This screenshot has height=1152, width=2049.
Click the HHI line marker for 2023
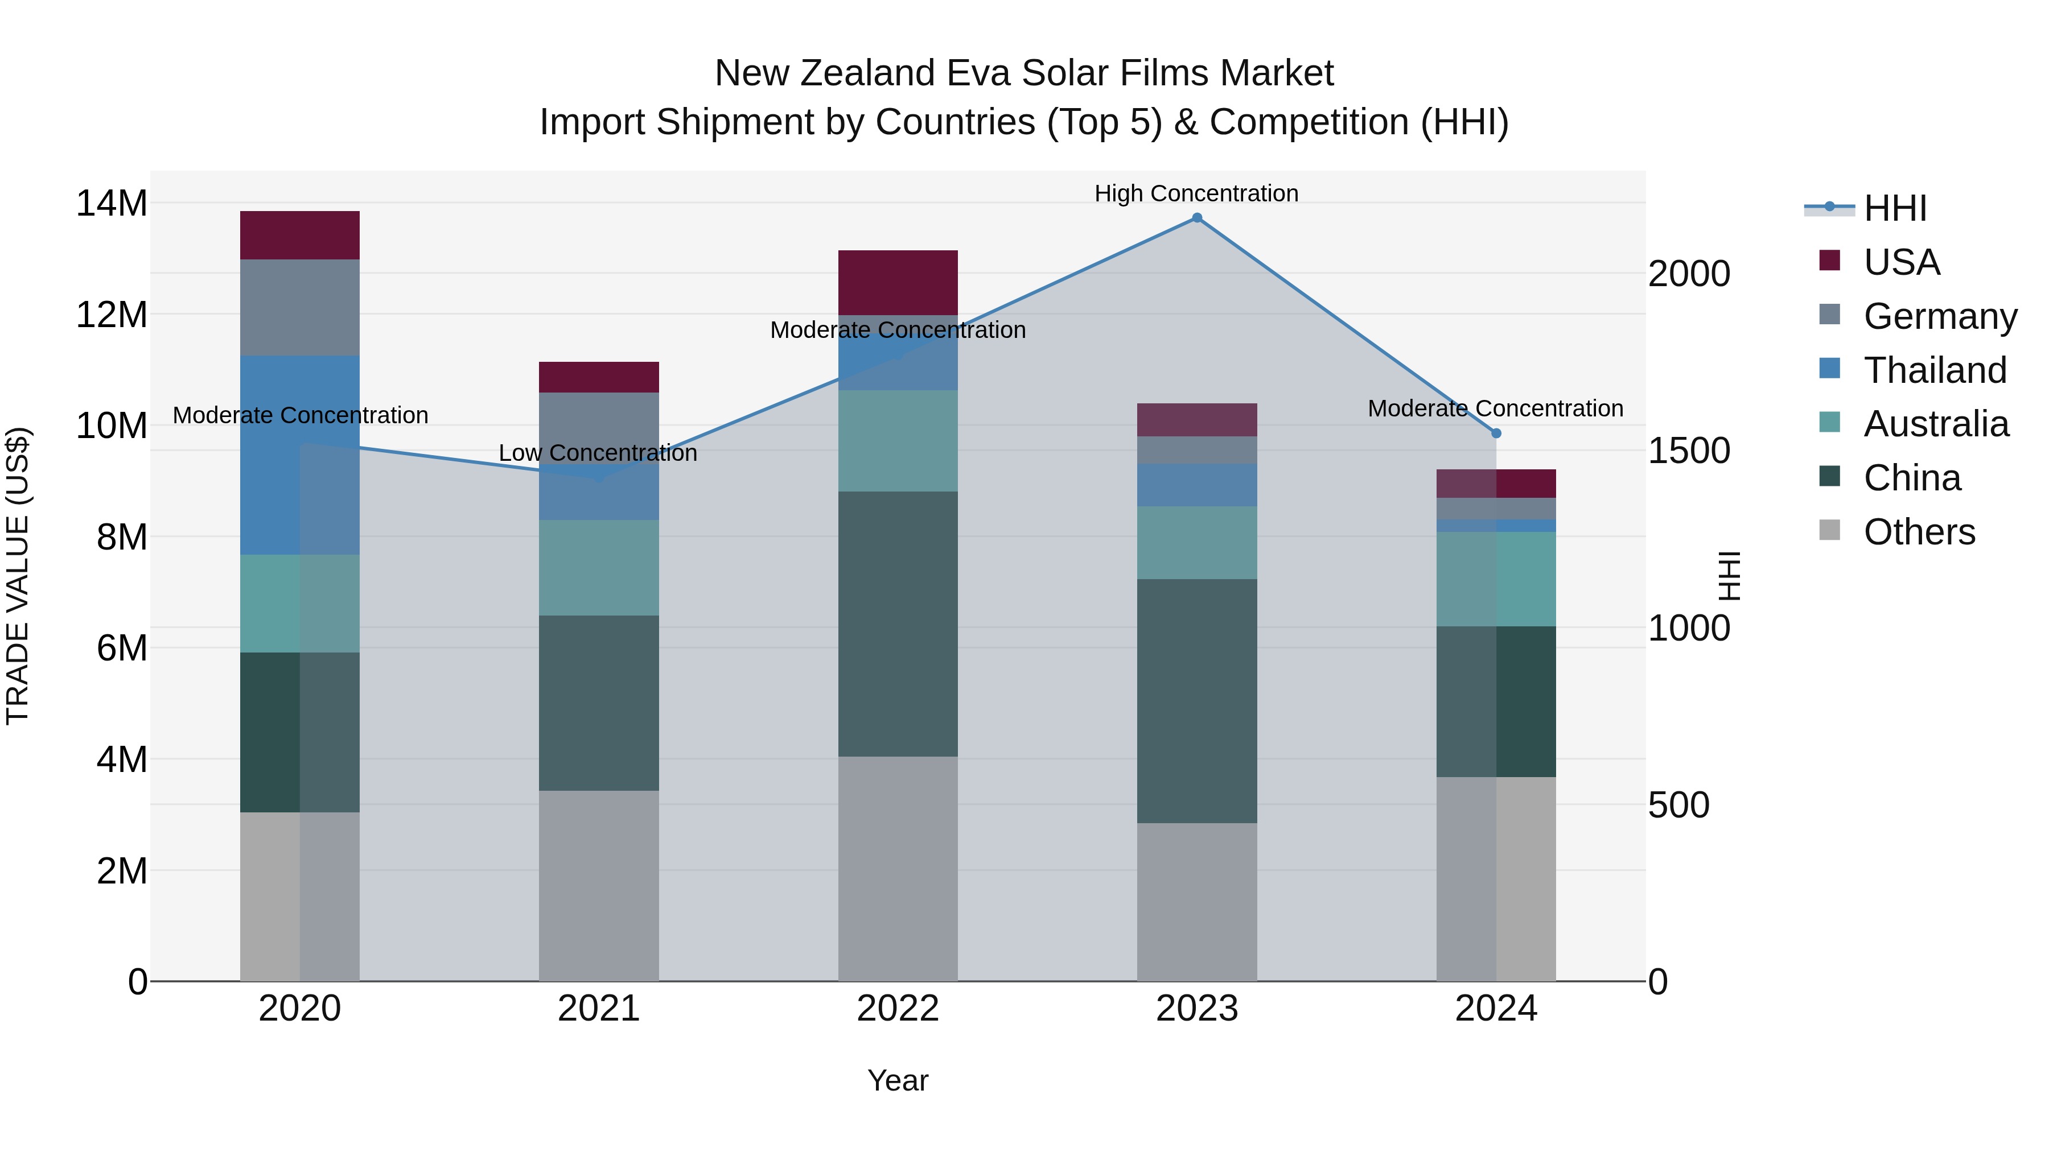click(1196, 218)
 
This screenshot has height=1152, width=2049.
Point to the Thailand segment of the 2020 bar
click(300, 455)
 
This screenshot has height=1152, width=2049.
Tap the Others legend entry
click(1919, 532)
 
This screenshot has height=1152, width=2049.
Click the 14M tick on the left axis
click(112, 204)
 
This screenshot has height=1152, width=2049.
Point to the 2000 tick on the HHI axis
click(1689, 274)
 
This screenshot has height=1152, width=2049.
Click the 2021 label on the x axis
click(599, 1009)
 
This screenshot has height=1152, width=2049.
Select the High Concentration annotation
click(1196, 193)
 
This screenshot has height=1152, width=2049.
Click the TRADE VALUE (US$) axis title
click(18, 576)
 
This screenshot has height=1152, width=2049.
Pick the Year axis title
click(898, 1080)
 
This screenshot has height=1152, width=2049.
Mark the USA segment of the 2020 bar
click(300, 236)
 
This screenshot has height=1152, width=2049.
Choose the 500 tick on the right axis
click(1678, 804)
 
